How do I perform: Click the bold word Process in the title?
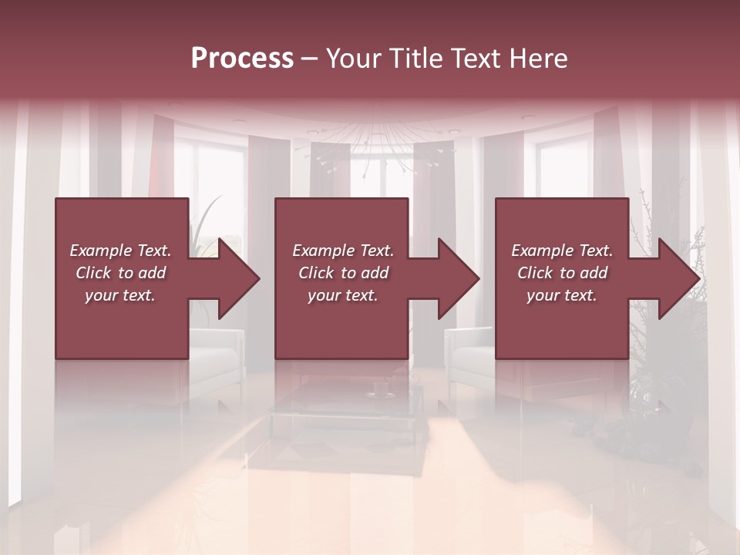242,59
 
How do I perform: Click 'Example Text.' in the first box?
120,251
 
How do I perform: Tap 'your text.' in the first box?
120,295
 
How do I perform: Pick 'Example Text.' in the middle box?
343,251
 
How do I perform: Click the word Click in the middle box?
314,273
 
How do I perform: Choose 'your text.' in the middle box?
343,295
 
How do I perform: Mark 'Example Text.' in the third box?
562,251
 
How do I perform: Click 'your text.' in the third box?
562,295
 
